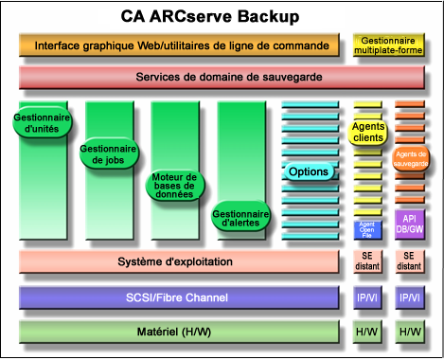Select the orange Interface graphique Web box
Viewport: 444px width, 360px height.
[177, 45]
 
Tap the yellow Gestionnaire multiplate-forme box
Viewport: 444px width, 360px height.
[388, 45]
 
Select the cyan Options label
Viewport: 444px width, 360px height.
[309, 171]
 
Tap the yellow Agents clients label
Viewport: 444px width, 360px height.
[367, 132]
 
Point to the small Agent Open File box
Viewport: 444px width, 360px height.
[367, 228]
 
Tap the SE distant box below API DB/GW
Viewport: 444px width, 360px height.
[410, 261]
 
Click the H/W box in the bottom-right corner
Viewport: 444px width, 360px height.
[410, 333]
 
